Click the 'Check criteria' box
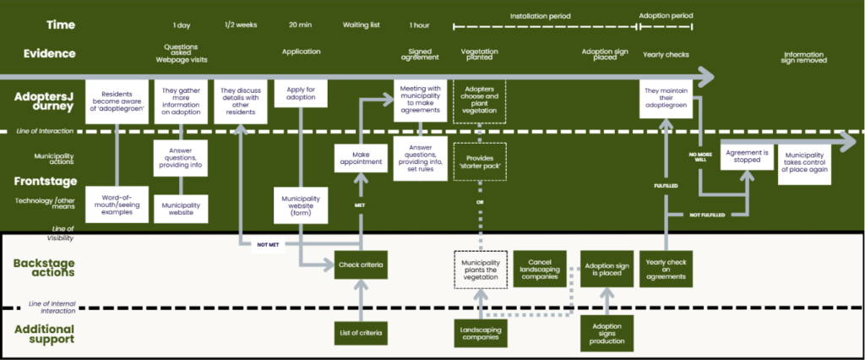(x=361, y=265)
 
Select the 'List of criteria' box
(x=361, y=333)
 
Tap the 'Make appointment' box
(x=361, y=159)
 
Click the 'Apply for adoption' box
(x=302, y=93)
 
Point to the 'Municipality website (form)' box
(x=302, y=205)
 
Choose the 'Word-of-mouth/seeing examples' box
(x=117, y=205)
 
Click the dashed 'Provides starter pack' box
(x=480, y=162)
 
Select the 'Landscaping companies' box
(x=481, y=333)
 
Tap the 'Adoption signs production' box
(x=607, y=334)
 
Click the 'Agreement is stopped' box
(x=747, y=156)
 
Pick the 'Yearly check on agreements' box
(x=666, y=270)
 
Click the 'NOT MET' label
(x=268, y=244)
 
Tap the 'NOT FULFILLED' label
(x=707, y=215)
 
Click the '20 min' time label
(x=301, y=25)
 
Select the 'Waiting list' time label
(x=361, y=25)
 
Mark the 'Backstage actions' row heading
(x=44, y=268)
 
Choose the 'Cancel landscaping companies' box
(x=540, y=269)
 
